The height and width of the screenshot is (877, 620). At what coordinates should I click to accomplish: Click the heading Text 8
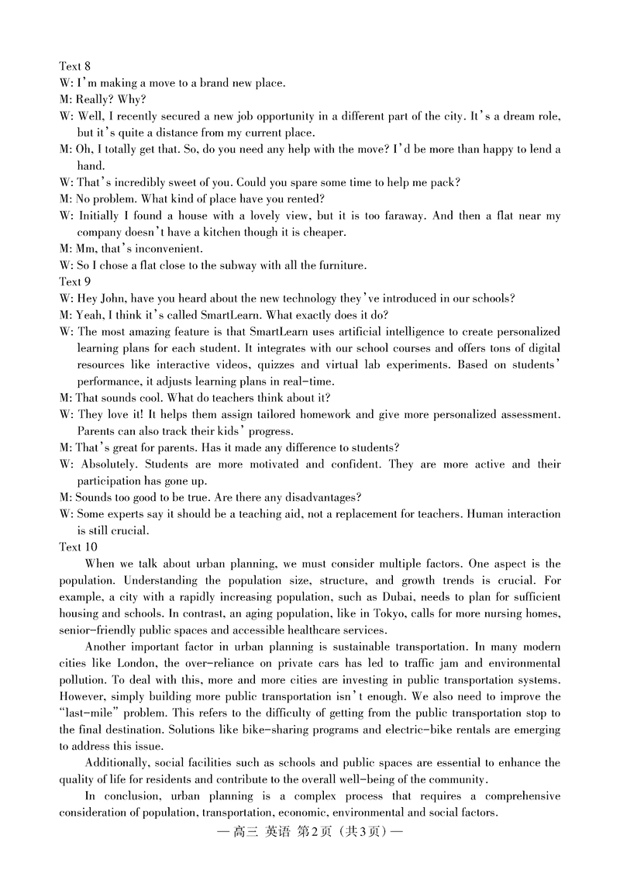pos(75,66)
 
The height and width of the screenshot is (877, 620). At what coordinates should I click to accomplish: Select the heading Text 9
pos(75,282)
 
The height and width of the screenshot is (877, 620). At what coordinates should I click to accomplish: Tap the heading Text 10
pos(77,547)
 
